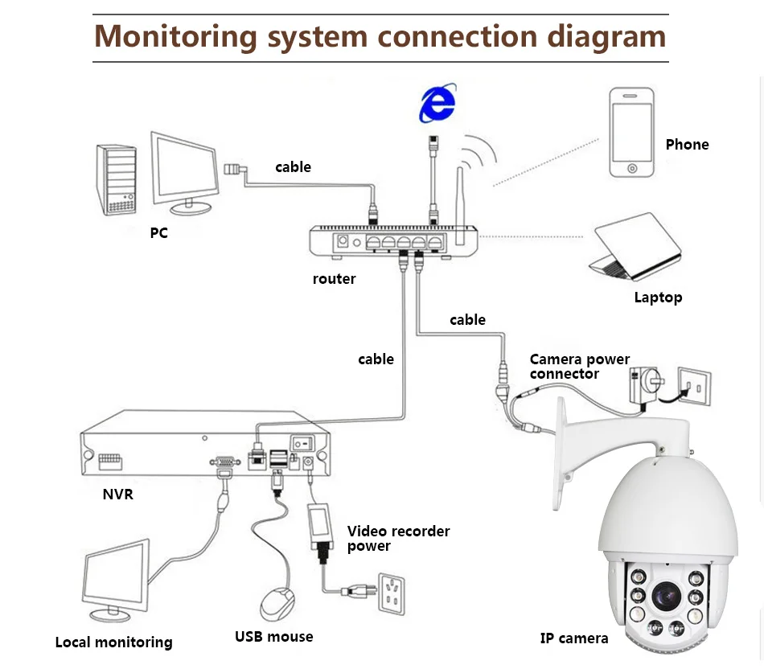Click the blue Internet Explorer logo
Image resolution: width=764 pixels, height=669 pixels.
tap(437, 103)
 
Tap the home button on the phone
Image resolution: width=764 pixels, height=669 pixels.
tap(632, 169)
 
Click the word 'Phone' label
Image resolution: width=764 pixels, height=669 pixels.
tap(687, 145)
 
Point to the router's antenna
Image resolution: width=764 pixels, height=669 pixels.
tap(460, 206)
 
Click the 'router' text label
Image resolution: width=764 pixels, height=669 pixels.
tap(335, 279)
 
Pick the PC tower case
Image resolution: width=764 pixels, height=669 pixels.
tap(116, 180)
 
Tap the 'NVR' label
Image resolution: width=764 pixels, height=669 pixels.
tap(118, 494)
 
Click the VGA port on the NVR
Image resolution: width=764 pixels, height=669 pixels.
tap(224, 462)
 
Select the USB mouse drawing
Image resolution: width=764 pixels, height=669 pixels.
tap(277, 604)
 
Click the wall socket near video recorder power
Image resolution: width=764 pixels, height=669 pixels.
tap(392, 594)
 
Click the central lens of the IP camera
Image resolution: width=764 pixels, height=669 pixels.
tap(666, 596)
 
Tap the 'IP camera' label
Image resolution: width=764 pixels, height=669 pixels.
tap(574, 638)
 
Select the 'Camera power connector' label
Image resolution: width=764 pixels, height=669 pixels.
tap(580, 367)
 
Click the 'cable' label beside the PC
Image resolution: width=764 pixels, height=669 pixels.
tap(293, 167)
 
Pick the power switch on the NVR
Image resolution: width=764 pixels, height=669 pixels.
tap(302, 444)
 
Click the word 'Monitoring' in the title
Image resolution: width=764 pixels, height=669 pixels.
tap(175, 36)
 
